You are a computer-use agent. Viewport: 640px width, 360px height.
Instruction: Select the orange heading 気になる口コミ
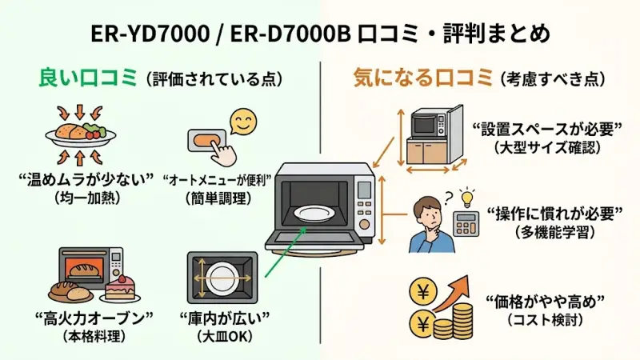tap(422, 78)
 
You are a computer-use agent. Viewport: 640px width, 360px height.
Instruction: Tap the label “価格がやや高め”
tap(544, 302)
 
